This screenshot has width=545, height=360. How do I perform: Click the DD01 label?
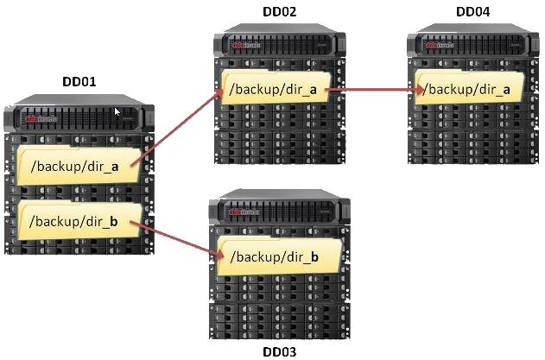point(79,82)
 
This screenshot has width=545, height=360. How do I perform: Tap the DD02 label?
point(280,11)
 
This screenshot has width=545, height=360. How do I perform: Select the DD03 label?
point(280,351)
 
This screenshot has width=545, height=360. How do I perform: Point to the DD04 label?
point(472,11)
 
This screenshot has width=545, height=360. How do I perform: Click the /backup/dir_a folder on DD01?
point(79,166)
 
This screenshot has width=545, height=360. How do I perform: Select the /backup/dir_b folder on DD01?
point(79,219)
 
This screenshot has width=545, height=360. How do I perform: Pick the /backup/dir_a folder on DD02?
point(276,87)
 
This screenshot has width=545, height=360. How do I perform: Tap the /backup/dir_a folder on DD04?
point(469,87)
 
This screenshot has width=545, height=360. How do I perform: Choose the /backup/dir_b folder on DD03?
point(278,256)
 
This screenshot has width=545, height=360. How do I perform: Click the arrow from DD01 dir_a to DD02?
point(176,127)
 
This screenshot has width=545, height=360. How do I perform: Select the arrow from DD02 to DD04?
point(376,90)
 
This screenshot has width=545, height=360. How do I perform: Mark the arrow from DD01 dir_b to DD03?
point(176,240)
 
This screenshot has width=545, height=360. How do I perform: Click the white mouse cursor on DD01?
point(117,111)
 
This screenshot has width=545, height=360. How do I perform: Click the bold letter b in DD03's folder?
point(314,256)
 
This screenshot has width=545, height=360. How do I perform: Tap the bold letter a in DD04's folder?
point(506,91)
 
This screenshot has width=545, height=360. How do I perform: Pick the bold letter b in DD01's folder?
point(114,221)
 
